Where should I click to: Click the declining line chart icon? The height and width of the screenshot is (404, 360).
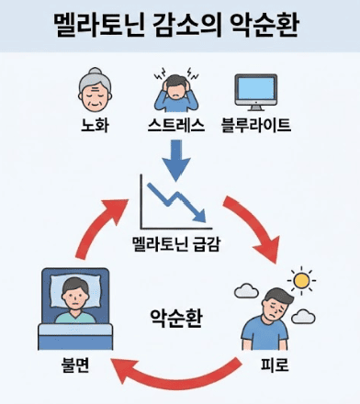(172, 204)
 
